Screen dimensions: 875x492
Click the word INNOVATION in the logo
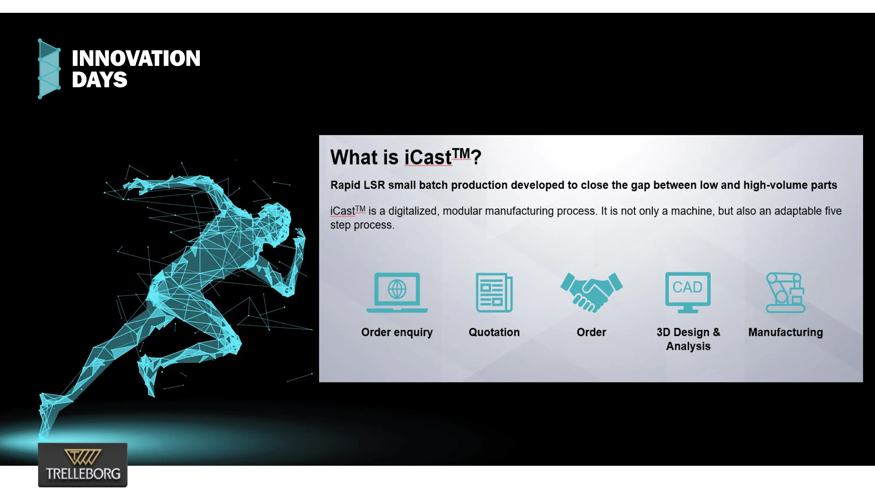click(136, 58)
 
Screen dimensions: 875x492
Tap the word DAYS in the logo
click(100, 80)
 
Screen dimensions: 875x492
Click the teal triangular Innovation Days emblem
click(49, 69)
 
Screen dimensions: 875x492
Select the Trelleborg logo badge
click(83, 465)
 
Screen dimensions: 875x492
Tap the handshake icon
click(591, 292)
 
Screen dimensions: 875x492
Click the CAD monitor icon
click(688, 292)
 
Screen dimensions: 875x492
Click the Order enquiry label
click(397, 332)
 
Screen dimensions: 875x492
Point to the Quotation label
click(494, 332)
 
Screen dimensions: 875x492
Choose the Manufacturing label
click(786, 332)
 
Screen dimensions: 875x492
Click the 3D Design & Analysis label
click(688, 339)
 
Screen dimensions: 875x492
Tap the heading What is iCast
click(406, 157)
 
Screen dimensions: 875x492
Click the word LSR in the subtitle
click(374, 185)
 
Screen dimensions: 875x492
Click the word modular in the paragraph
click(462, 211)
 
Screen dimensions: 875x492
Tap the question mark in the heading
click(476, 157)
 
